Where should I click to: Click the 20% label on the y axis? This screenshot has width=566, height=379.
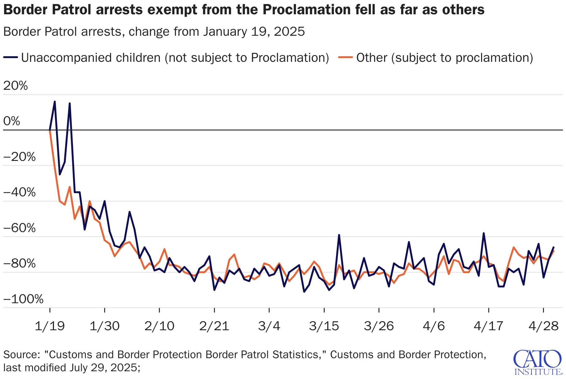coord(16,86)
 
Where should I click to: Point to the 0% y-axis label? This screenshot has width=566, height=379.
coord(12,121)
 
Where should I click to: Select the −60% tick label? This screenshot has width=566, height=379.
coord(20,228)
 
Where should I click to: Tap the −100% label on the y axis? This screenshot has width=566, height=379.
coord(23,299)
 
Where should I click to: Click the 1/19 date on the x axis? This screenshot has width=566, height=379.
coord(50,326)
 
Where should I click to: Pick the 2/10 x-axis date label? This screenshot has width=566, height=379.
coord(160,326)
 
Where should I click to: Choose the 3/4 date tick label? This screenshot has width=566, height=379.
coord(269,326)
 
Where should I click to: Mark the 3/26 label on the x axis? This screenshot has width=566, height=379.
coord(379,326)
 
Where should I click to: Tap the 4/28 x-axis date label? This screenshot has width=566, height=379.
coord(543,326)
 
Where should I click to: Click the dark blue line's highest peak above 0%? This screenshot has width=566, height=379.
coord(55,102)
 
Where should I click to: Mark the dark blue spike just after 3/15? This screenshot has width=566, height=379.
coord(339,235)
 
